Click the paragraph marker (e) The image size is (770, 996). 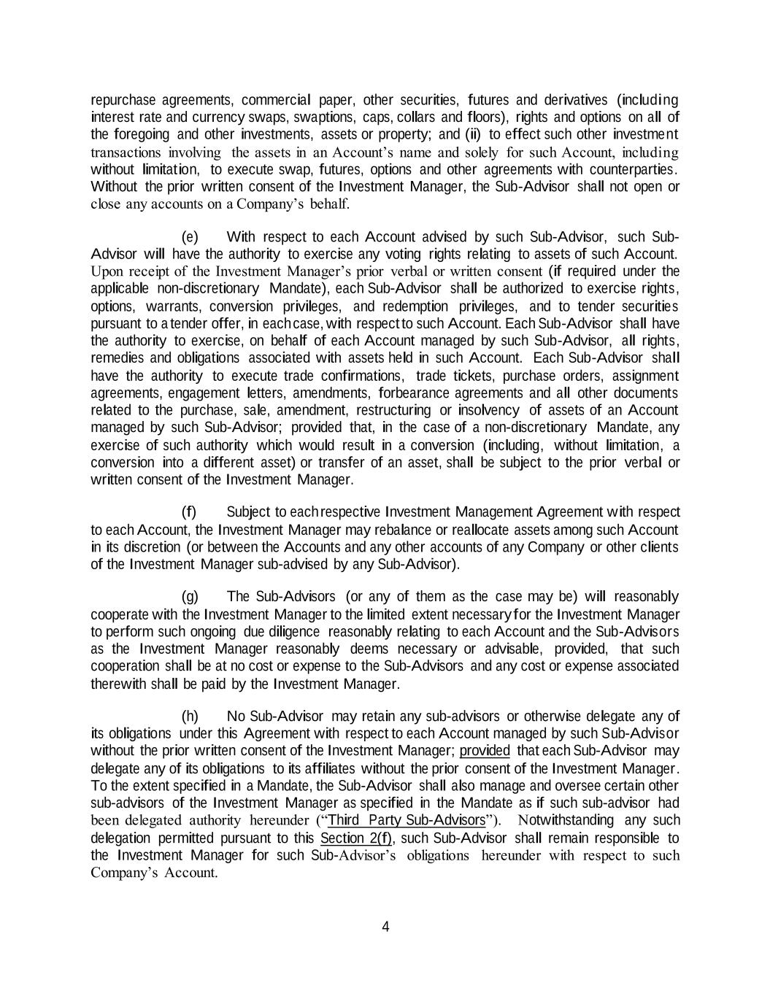(190, 237)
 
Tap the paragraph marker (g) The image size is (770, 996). (190, 597)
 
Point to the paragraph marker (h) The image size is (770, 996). (190, 717)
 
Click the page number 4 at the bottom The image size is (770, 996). (385, 927)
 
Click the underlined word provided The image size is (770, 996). (485, 751)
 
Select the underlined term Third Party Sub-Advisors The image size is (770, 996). (407, 820)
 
